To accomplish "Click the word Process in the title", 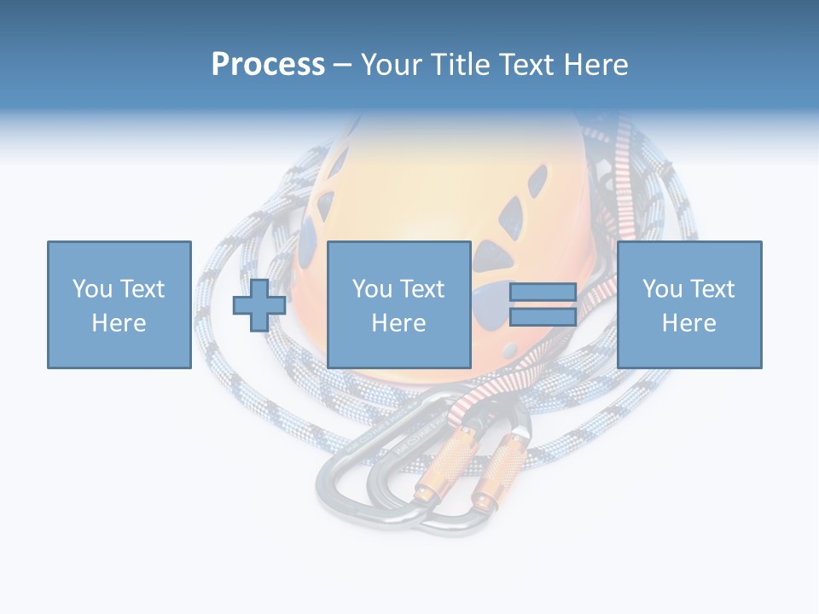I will coord(268,65).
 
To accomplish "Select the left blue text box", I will coord(119,304).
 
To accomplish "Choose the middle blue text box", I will coord(399,304).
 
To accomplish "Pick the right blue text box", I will coord(689,304).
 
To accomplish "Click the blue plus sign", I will coord(259,305).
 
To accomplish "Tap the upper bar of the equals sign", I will coord(543,293).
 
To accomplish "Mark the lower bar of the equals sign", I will coord(543,317).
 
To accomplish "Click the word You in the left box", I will coord(90,289).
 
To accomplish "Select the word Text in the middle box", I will coord(422,289).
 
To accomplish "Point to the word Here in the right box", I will coord(689,323).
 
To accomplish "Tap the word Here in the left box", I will coord(119,323).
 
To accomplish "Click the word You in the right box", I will coord(661,289).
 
